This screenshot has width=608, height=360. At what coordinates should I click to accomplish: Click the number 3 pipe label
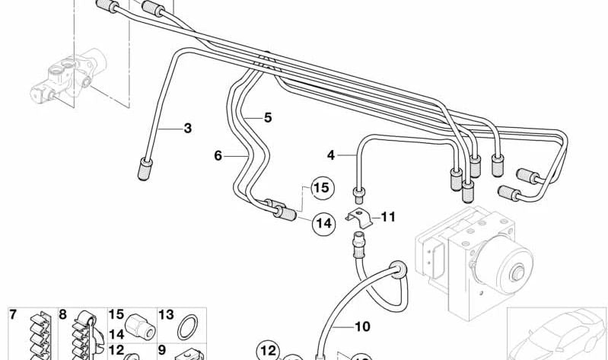(187, 128)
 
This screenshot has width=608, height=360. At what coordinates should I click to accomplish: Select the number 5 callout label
(267, 117)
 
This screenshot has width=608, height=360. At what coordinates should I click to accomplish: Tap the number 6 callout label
(218, 155)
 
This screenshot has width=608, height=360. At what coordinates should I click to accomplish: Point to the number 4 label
(330, 155)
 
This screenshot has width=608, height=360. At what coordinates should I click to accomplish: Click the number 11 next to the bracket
(388, 217)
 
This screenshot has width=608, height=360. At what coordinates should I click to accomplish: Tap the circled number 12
(267, 351)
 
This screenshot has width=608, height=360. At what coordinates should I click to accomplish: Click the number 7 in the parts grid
(12, 314)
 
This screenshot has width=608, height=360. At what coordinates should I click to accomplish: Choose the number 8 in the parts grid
(62, 314)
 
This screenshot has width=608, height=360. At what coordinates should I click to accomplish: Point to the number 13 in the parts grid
(166, 314)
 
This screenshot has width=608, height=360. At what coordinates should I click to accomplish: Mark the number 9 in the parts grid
(161, 351)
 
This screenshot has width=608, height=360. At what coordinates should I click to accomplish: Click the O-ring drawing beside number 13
(186, 330)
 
